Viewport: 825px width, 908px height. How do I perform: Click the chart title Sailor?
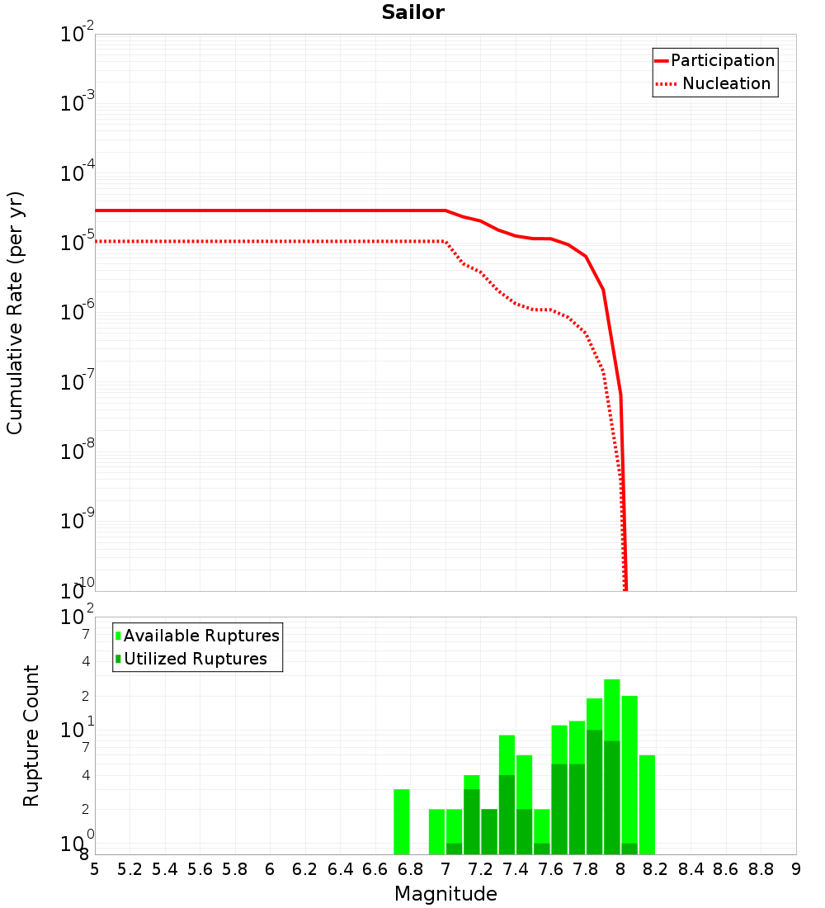[412, 12]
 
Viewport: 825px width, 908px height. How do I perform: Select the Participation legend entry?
[723, 60]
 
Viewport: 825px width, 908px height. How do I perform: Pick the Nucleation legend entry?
[726, 83]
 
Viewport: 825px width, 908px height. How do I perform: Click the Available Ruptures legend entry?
[201, 636]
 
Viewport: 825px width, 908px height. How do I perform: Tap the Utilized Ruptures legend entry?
[195, 659]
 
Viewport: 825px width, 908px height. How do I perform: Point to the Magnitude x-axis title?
[445, 894]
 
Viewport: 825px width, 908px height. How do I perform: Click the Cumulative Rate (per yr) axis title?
[15, 313]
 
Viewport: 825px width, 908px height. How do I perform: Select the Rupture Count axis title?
[31, 735]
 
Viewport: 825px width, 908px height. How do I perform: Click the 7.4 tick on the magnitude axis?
[516, 869]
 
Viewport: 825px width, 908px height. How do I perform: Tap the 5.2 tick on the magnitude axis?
[130, 869]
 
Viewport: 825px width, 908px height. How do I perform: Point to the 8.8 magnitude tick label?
[761, 869]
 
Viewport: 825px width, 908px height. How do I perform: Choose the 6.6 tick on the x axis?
[375, 869]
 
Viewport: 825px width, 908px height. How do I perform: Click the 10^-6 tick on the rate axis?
[78, 311]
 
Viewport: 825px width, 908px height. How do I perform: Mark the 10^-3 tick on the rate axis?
[78, 102]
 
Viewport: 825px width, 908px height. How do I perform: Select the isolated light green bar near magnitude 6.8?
[402, 821]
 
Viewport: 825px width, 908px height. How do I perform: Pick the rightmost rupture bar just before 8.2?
[647, 805]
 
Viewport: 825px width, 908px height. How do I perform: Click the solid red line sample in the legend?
[662, 60]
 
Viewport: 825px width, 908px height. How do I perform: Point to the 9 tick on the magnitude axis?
[796, 869]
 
